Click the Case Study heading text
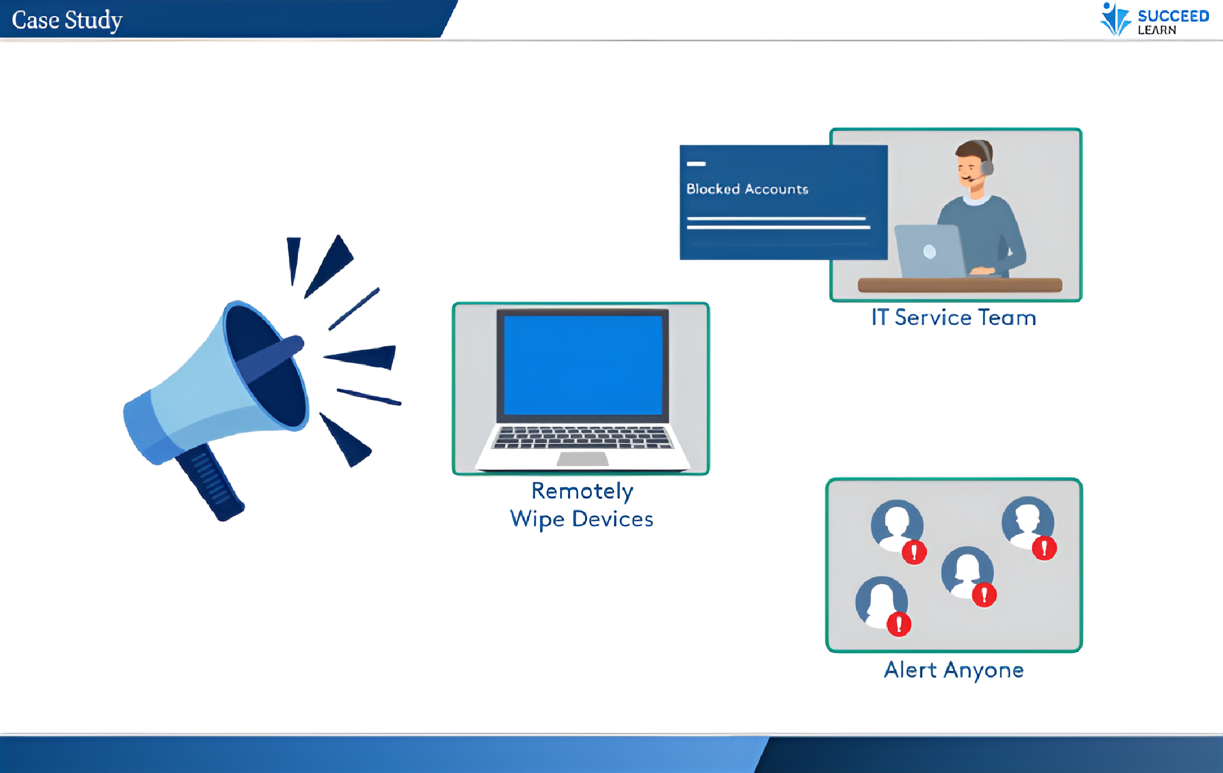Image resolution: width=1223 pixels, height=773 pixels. tap(67, 20)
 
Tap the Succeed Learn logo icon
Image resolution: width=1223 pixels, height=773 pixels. tap(1115, 20)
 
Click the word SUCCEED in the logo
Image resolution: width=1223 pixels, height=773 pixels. tap(1173, 16)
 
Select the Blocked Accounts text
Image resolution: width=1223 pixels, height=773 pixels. tap(747, 189)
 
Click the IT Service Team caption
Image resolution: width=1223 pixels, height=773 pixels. tap(954, 318)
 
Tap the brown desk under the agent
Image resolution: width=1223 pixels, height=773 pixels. tap(959, 285)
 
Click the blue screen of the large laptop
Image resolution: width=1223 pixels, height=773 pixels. tap(583, 365)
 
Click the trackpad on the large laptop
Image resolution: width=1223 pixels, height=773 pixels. tap(582, 459)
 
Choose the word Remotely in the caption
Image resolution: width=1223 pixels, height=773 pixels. tap(582, 491)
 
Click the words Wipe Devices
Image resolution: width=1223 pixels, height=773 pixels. tap(581, 519)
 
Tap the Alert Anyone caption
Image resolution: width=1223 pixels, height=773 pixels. tap(954, 670)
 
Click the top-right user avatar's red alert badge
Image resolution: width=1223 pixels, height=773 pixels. tap(1044, 548)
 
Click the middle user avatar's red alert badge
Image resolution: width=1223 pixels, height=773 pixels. tap(984, 595)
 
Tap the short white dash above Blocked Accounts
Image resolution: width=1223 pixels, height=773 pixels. tap(696, 164)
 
